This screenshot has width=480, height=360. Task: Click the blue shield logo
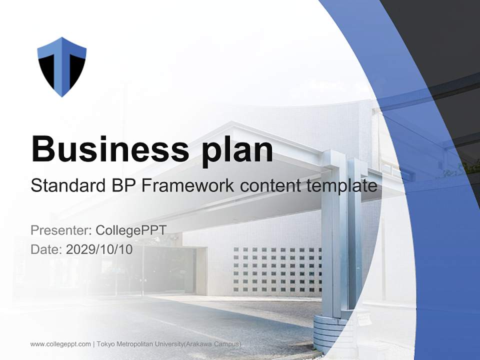62,66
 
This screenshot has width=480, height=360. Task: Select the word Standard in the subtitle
65,186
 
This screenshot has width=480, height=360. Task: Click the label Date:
46,249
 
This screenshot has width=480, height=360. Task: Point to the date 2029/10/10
99,249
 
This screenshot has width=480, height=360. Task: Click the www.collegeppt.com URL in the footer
60,344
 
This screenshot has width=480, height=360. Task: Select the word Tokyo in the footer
106,344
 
